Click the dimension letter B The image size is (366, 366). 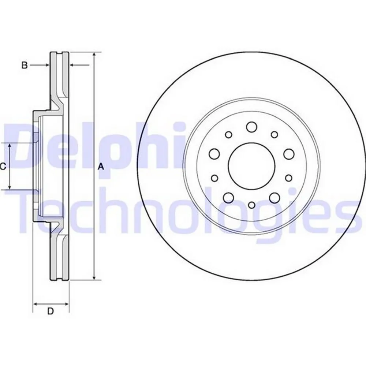click(25, 66)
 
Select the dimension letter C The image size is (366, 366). click(3, 167)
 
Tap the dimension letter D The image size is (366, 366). click(51, 311)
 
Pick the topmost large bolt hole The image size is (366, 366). click(251, 127)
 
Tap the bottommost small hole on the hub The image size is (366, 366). click(251, 205)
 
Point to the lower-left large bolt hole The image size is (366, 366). click(229, 198)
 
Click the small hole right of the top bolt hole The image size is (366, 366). click(274, 135)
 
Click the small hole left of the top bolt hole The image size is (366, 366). click(229, 135)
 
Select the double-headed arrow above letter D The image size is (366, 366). click(51, 304)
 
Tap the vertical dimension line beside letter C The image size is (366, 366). click(10, 167)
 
